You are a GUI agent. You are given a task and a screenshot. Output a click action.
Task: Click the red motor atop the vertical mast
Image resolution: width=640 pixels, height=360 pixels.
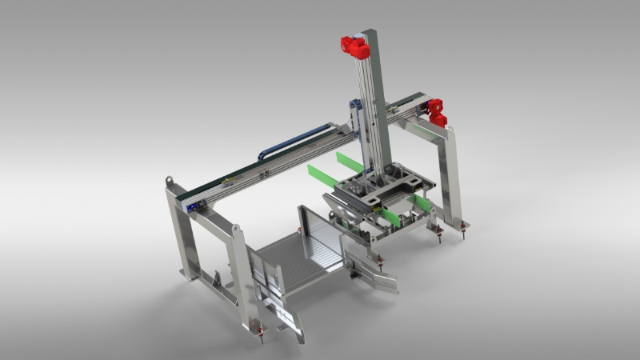(x=354, y=47)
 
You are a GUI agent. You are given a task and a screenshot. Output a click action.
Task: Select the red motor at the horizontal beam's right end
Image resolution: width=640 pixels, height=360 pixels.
(x=436, y=113)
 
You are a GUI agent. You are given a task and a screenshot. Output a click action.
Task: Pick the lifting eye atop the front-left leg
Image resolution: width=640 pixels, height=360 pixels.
(x=236, y=231)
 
